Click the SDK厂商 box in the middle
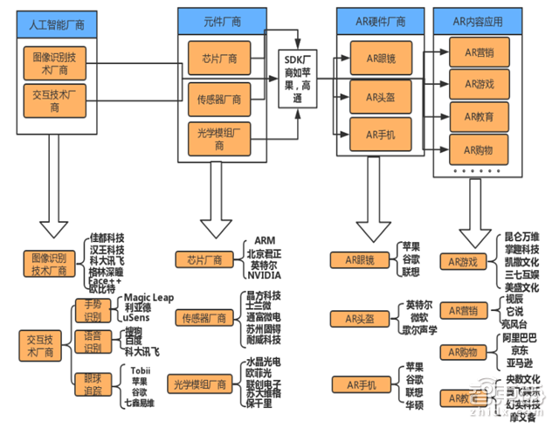pos(296,77)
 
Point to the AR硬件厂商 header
pos(373,19)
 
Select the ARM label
pos(265,239)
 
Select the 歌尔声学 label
pos(420,331)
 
